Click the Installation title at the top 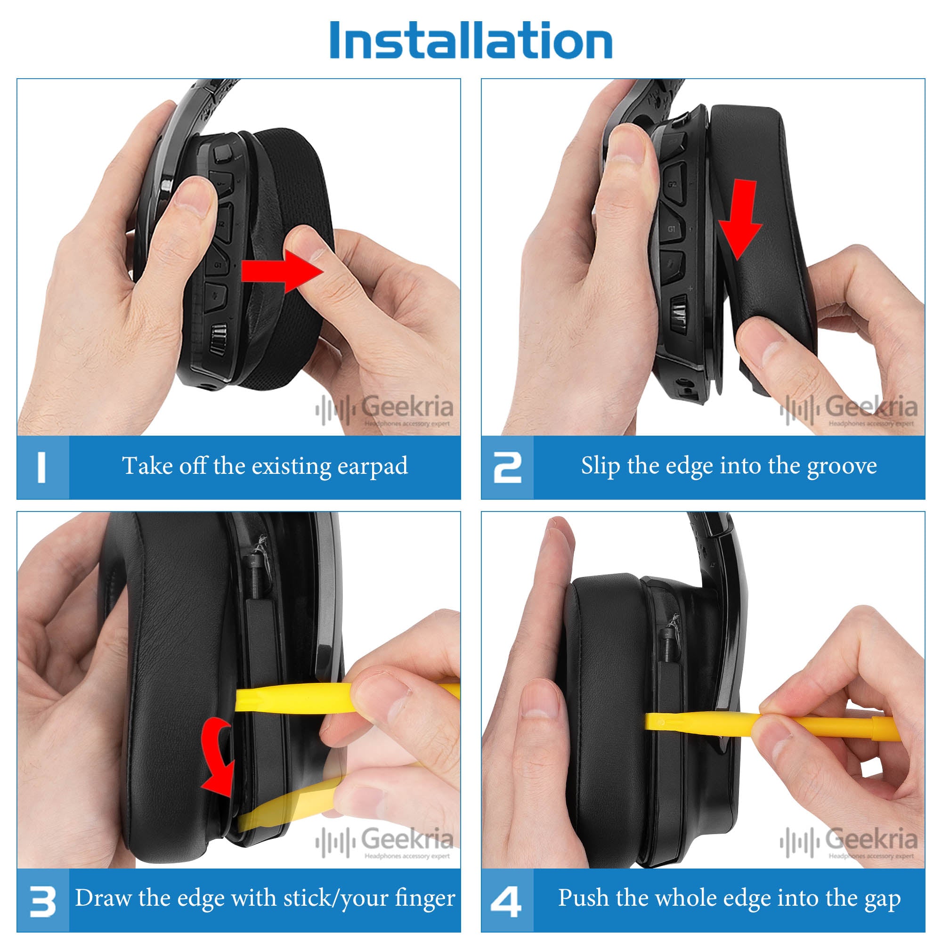click(471, 40)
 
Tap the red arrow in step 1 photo click(282, 271)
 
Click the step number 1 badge click(42, 467)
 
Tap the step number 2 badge click(507, 467)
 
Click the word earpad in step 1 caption click(373, 467)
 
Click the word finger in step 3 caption click(425, 898)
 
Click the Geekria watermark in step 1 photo click(384, 410)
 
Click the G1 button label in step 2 click(672, 229)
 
